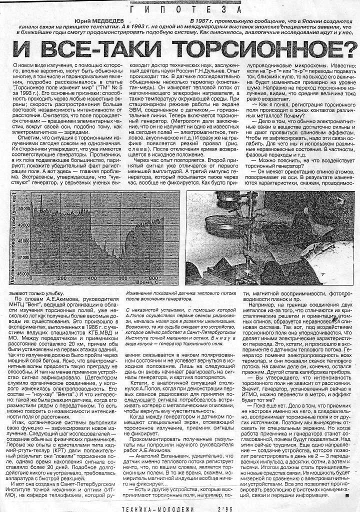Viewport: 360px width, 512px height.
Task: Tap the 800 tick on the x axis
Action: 153,278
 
